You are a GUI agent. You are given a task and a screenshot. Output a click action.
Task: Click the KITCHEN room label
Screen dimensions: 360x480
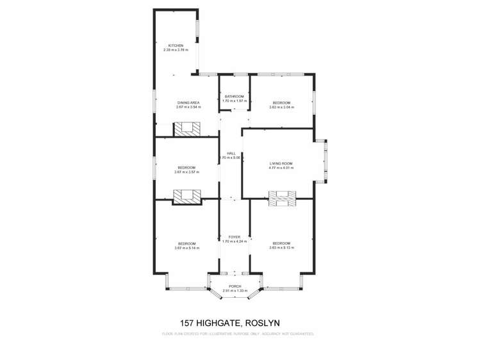(176, 45)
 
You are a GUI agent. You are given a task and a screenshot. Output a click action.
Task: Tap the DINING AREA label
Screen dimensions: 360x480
(188, 102)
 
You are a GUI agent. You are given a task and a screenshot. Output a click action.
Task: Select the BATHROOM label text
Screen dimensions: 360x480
(234, 97)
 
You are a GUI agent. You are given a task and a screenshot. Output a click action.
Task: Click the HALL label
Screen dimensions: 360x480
(231, 153)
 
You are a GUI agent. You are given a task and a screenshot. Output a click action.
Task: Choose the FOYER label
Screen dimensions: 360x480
(234, 237)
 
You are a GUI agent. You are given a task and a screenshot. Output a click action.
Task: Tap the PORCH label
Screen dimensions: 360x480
(235, 286)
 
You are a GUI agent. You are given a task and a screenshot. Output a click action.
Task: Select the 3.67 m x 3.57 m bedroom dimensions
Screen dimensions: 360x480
(186, 172)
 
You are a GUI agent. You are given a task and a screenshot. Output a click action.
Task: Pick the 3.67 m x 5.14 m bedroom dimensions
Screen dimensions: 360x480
(186, 248)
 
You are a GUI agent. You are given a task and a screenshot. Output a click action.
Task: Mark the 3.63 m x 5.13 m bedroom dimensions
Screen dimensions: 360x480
(281, 248)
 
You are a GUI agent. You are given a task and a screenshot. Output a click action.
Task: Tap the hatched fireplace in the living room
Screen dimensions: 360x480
(281, 199)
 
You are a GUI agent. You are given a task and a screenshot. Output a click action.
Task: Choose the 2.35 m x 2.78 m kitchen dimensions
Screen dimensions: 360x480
(176, 50)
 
